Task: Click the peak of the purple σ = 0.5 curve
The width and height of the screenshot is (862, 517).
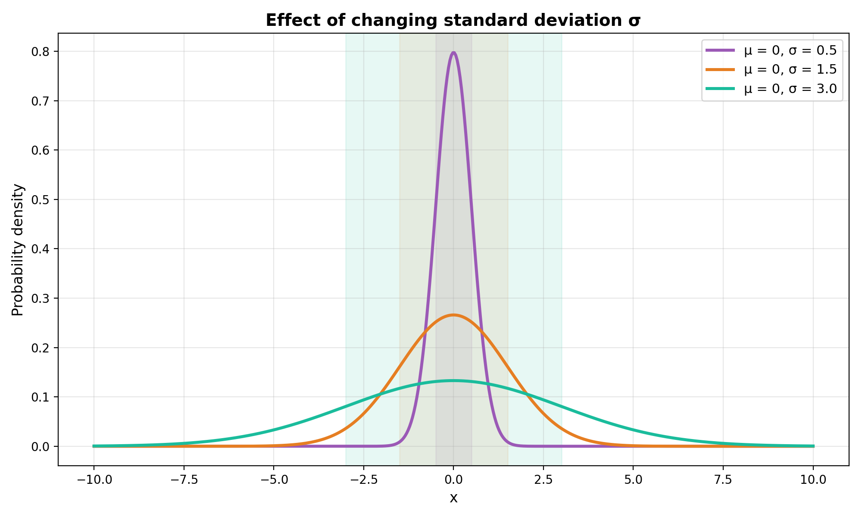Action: pos(453,53)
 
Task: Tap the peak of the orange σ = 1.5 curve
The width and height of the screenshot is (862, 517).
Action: pos(453,315)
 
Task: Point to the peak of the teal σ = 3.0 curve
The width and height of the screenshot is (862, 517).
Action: pos(453,380)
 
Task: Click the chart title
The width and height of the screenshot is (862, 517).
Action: pos(453,20)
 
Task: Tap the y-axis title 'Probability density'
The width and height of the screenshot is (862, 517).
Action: pos(18,250)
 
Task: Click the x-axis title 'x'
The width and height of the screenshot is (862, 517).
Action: pos(453,498)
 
